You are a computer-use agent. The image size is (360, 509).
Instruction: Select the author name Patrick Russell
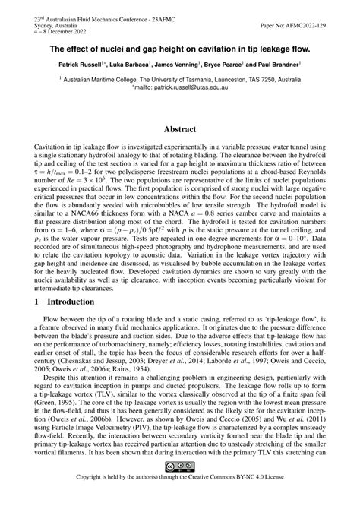(x=83, y=66)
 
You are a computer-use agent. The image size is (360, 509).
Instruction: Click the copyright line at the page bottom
(x=180, y=499)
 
